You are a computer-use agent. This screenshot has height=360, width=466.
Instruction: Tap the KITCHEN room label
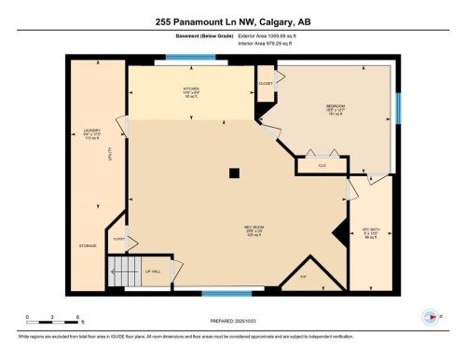[x=191, y=92]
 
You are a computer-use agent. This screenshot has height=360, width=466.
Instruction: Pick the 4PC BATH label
[x=371, y=232]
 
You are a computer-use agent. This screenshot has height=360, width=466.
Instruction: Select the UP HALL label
[x=153, y=271]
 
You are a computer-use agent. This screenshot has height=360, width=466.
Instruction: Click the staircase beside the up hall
[x=123, y=273]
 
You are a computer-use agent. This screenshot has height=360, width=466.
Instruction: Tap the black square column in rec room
[x=235, y=172]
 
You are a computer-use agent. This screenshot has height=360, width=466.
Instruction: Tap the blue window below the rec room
[x=226, y=294]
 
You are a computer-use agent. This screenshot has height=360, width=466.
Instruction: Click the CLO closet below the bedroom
[x=322, y=166]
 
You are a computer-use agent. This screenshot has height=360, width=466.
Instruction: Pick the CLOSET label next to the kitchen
[x=266, y=81]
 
